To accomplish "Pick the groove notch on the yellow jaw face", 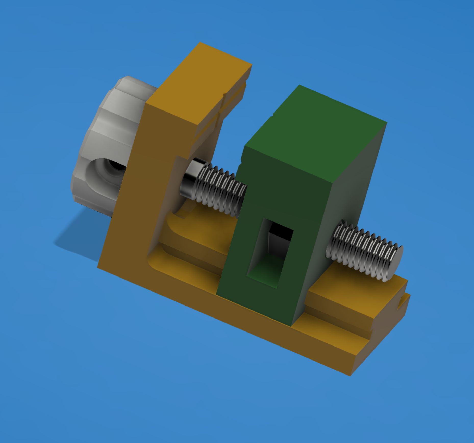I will click(224, 102).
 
